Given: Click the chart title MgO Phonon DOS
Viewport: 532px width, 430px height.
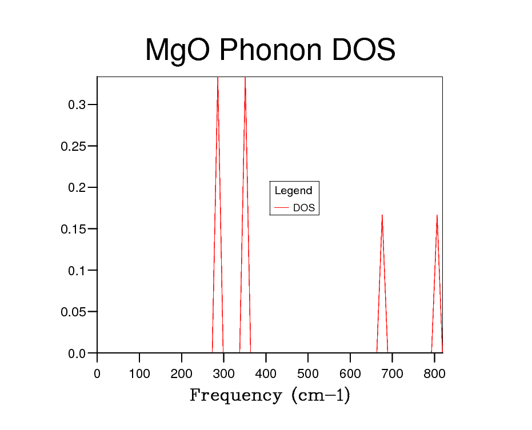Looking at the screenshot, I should pos(270,50).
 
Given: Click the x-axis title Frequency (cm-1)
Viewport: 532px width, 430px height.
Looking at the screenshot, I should pos(270,395).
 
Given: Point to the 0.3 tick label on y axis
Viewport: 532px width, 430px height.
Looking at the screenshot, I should pos(77,105).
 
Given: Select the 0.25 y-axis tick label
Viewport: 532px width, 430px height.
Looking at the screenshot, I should pos(74,146).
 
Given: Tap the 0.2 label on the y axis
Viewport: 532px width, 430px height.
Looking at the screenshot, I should pos(77,188).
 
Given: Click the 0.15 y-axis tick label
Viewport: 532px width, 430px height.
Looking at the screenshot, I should pos(74,229).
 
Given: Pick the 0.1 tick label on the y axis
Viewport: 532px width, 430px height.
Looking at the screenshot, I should pos(77,271).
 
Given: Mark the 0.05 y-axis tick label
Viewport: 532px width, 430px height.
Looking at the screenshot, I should pos(74,312).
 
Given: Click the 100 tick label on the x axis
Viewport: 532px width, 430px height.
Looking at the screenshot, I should pos(139,373).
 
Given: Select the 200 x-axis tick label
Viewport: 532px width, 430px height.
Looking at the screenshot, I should pos(182,373).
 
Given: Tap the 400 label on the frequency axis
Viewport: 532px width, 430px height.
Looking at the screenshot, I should pos(266,373).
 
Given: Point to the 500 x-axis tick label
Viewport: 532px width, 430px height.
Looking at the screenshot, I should pos(308,373).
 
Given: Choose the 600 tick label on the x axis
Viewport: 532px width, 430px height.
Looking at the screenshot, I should pos(350,373).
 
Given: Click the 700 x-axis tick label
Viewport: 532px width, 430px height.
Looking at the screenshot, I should pos(393,373).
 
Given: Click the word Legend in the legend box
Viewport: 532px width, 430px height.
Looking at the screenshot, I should pos(293,191).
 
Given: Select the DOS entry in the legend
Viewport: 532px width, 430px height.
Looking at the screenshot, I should pos(303,208).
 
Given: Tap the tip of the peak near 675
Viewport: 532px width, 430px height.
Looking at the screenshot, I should pos(382,215).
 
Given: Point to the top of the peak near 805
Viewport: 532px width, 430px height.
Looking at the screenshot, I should pos(437,215).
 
